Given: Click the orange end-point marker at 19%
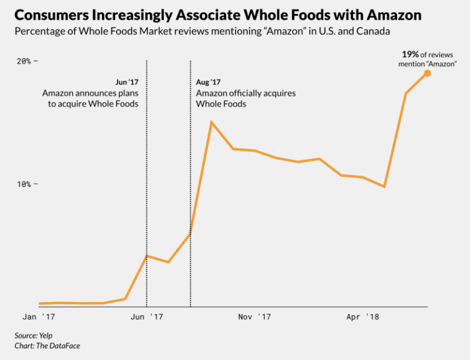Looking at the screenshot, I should click(x=427, y=73).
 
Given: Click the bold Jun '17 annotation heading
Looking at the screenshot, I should click(x=127, y=82).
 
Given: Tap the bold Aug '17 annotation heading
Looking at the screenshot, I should click(x=208, y=82).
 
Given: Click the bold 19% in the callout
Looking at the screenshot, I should click(x=410, y=54).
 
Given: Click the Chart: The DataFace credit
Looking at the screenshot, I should click(x=47, y=346).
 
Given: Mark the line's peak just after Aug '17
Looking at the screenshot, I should click(x=211, y=122).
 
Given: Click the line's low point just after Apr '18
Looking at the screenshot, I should click(x=384, y=186).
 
